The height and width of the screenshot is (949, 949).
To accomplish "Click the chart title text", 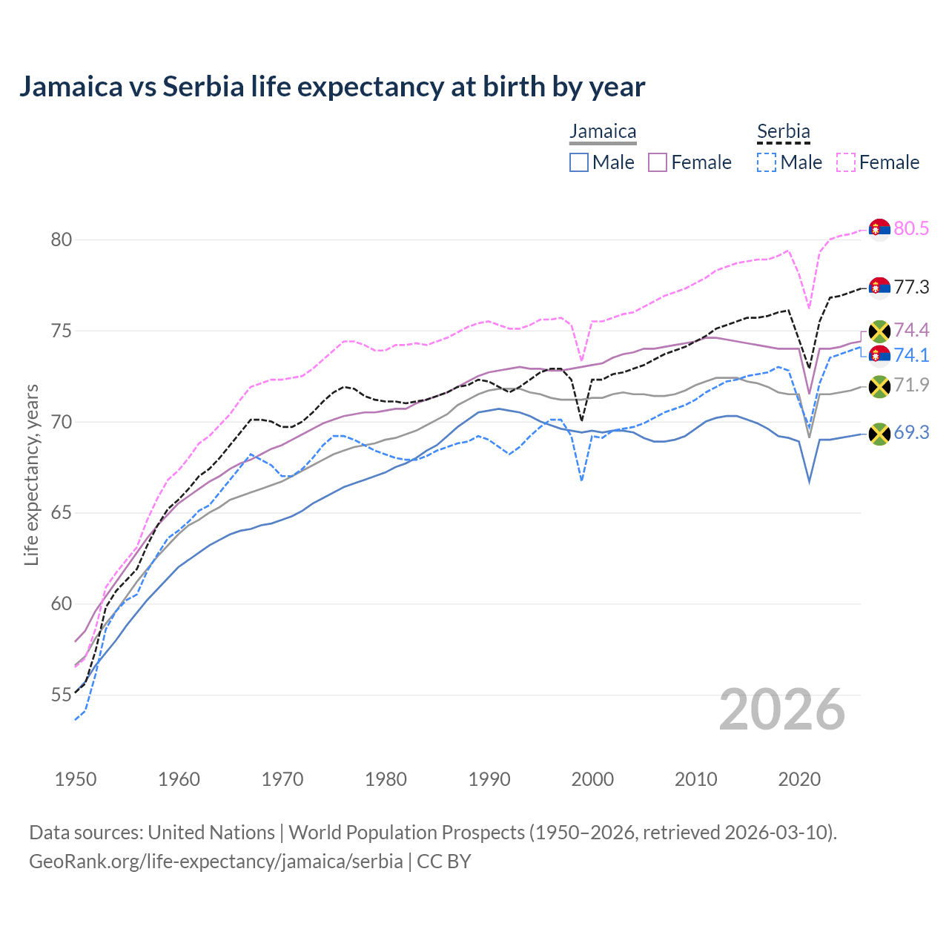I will [332, 87].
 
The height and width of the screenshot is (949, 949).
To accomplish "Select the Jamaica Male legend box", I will [579, 162].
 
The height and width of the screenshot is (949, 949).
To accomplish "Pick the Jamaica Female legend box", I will [658, 162].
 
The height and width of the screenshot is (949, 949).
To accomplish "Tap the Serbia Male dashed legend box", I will [767, 162].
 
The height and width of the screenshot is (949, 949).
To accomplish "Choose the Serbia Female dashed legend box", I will [846, 162].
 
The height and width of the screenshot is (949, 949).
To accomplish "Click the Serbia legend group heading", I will [783, 132].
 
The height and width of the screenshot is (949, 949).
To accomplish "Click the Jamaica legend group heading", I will [603, 132].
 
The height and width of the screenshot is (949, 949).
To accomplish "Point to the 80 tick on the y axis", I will [61, 239].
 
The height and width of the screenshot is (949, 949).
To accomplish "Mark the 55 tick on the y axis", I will [61, 695].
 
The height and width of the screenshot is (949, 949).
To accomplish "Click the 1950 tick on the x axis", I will [76, 779].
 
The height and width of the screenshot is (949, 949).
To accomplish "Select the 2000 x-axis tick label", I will [592, 779].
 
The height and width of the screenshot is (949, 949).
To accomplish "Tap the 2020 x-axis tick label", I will [799, 779].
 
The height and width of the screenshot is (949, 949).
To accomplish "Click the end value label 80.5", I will [911, 228].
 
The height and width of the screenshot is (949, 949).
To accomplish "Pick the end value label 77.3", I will [911, 287].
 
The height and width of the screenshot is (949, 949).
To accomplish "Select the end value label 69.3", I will [911, 432].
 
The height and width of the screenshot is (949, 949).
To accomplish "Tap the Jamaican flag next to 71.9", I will [879, 386].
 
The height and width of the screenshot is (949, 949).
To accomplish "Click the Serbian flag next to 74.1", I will [879, 355].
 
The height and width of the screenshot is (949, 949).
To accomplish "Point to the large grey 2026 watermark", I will [781, 710].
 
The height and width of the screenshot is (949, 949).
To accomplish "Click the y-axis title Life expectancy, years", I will [32, 474].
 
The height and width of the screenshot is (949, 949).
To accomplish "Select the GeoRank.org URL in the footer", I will [216, 862].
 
